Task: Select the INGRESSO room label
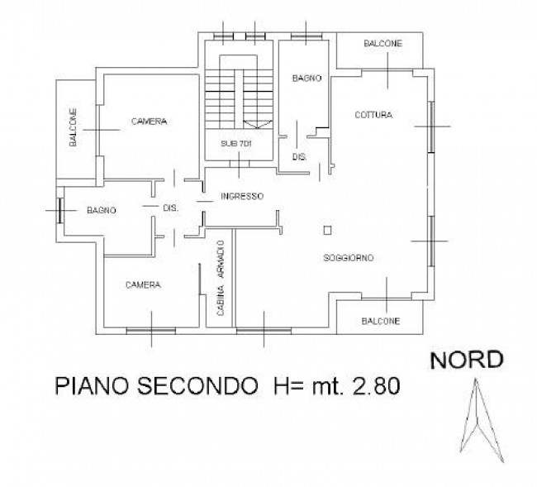[242, 197]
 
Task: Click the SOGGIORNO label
[349, 259]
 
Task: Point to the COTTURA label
[373, 114]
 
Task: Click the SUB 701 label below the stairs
[235, 144]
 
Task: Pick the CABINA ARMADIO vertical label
[220, 279]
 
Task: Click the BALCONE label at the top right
[381, 43]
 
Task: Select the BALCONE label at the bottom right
[381, 321]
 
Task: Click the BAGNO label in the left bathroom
[101, 210]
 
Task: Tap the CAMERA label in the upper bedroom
[149, 122]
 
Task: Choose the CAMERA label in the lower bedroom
[142, 284]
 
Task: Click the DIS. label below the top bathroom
[300, 156]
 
